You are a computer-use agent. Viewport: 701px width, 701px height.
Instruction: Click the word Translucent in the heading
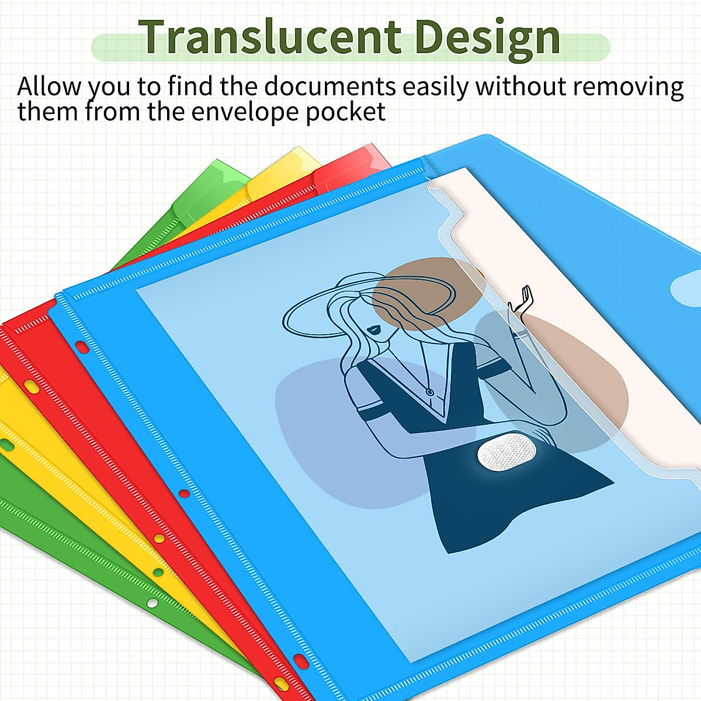(x=269, y=37)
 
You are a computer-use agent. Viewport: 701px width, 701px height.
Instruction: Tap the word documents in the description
(x=330, y=86)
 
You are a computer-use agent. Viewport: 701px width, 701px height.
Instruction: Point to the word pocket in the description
(x=345, y=112)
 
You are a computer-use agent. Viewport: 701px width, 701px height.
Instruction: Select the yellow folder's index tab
(x=284, y=171)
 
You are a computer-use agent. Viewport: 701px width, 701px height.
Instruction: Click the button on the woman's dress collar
(x=429, y=393)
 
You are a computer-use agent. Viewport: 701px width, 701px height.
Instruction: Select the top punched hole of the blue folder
(x=82, y=347)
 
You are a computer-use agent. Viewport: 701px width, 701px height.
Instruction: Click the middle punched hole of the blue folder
(x=185, y=494)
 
